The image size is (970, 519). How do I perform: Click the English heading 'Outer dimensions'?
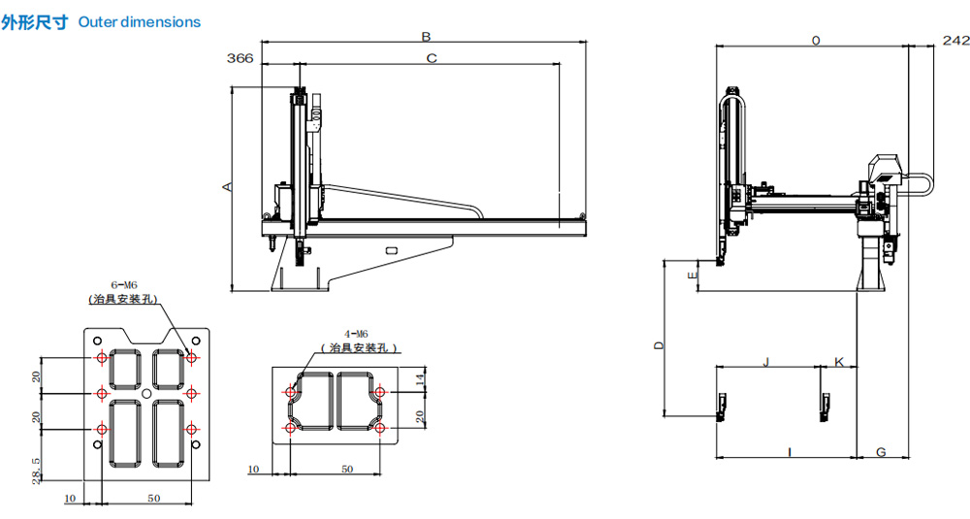(139, 22)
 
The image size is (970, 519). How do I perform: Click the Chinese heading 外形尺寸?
(34, 23)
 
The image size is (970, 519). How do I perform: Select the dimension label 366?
(240, 58)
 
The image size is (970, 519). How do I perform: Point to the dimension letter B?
(426, 37)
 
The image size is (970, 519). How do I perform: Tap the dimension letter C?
(432, 58)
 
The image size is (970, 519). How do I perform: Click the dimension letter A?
(228, 186)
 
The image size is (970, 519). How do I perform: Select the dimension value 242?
(955, 41)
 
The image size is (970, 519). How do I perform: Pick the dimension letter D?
(659, 345)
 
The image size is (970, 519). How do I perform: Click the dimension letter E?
(693, 275)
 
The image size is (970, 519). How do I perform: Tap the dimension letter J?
(766, 361)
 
